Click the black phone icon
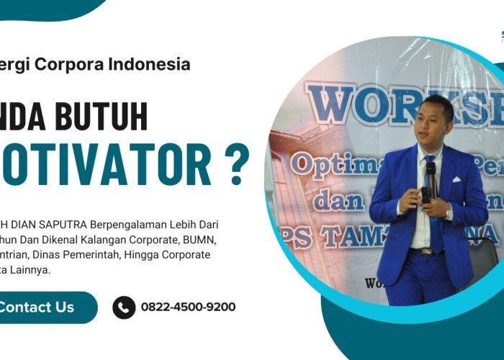coord(124,307)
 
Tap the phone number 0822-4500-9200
coord(188,307)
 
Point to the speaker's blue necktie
coord(433,209)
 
